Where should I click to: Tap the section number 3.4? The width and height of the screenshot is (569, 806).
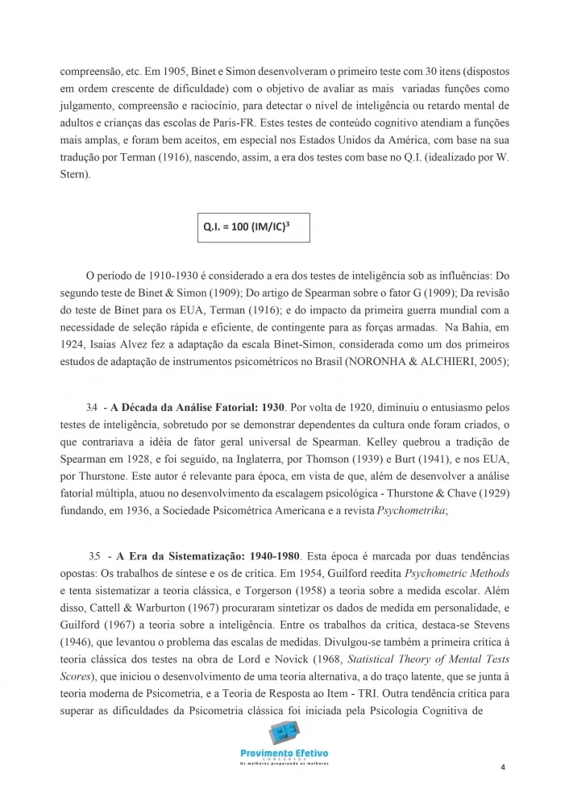[x=91, y=408]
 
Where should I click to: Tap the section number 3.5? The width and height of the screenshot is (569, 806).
[x=94, y=557]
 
